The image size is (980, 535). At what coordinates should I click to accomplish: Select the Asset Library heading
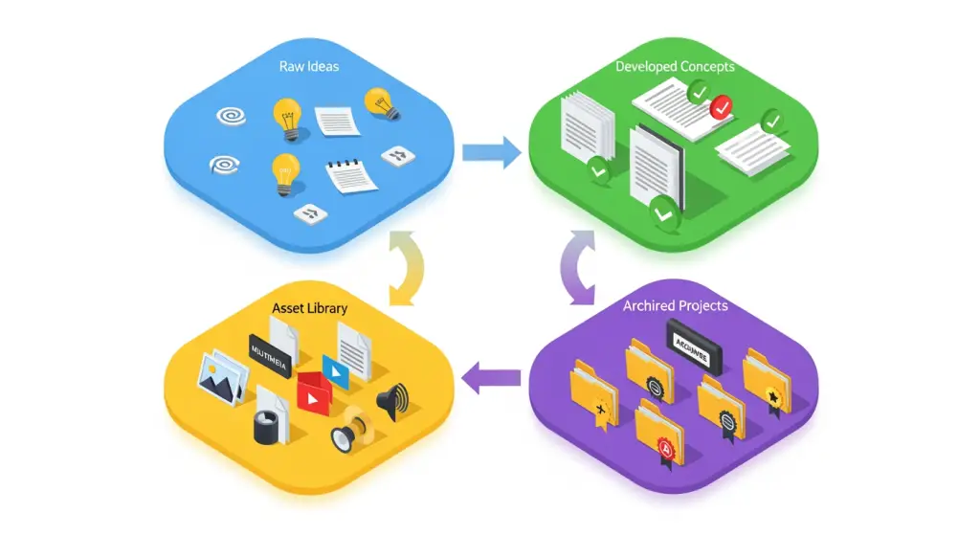pos(309,309)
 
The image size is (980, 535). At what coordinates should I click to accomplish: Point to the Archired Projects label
pos(676,305)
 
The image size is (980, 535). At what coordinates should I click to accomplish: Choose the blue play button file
pos(335,368)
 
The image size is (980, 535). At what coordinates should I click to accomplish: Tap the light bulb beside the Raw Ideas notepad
pos(285,172)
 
